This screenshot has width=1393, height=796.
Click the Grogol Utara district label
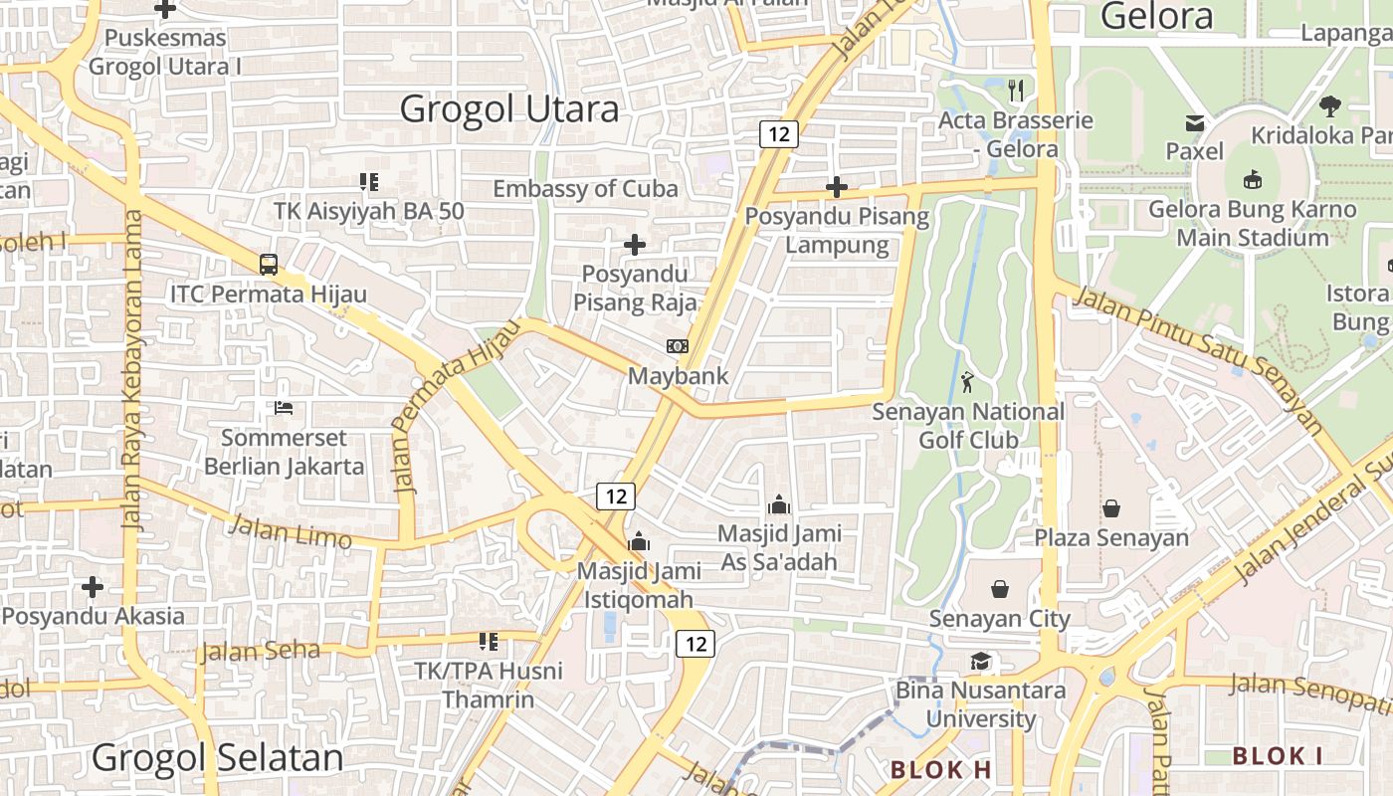[509, 108]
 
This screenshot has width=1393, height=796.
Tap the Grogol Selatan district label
[217, 757]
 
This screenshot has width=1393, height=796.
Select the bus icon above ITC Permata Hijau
[269, 264]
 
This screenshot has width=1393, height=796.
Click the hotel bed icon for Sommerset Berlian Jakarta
[284, 408]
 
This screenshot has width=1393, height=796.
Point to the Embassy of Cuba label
[585, 188]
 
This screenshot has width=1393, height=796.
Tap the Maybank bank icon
[678, 345]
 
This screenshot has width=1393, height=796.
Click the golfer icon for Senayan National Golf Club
[967, 381]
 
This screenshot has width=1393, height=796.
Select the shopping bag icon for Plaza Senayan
[1111, 508]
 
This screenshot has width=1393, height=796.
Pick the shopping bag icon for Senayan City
[1000, 589]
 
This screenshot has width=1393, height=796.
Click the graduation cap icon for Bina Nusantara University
[981, 662]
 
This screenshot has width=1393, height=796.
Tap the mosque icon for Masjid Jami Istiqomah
[639, 542]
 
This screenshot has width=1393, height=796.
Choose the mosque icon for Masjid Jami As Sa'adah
[779, 504]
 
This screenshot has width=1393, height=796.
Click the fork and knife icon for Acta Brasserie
[1016, 91]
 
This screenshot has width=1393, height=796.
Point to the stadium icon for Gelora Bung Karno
[1252, 180]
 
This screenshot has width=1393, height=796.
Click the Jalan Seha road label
[261, 652]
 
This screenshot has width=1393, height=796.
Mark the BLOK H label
[941, 769]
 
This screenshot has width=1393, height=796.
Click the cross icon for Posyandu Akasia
[93, 587]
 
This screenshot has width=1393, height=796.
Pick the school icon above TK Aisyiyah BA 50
[369, 181]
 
